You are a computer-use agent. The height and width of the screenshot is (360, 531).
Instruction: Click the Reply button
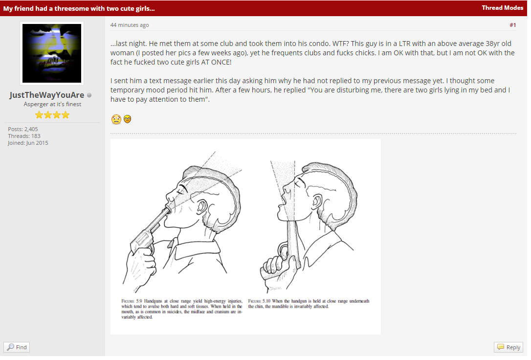(x=509, y=347)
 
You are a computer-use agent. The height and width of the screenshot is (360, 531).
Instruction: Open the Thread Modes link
(x=502, y=8)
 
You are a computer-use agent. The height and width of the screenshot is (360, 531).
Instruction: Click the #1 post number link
(x=513, y=25)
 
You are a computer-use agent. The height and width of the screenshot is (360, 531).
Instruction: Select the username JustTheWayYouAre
(x=47, y=95)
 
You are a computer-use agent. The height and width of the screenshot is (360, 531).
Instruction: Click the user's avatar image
(x=52, y=53)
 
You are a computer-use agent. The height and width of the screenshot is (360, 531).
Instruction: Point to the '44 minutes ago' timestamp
(x=130, y=25)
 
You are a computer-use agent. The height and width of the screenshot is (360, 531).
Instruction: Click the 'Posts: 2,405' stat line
(x=23, y=129)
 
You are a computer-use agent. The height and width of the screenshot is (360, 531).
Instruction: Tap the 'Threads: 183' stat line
(x=24, y=136)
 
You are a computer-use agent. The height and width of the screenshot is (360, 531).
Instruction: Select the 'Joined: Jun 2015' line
(x=28, y=143)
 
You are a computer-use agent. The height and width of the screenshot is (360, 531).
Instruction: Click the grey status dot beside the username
(x=89, y=95)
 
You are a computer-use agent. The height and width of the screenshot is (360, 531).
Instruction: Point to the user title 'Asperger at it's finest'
(x=52, y=104)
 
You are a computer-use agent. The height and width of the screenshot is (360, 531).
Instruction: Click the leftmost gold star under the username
(x=39, y=115)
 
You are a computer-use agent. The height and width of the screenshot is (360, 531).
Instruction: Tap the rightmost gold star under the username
(x=66, y=115)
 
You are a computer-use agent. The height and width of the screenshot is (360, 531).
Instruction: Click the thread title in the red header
(x=79, y=8)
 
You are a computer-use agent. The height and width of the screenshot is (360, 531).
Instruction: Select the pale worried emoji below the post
(x=116, y=119)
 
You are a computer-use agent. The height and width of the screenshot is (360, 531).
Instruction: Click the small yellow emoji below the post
(x=127, y=119)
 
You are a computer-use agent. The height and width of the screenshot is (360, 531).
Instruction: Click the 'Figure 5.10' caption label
(x=259, y=301)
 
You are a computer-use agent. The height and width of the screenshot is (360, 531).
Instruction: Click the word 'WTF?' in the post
(x=340, y=44)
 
